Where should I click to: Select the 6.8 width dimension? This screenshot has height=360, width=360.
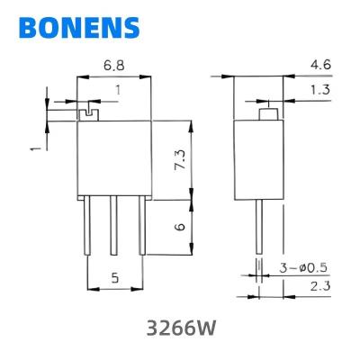(114, 67)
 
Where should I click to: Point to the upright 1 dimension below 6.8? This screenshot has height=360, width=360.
(117, 89)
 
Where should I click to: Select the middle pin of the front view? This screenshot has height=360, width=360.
(113, 229)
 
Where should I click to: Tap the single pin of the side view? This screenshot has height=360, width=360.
(259, 225)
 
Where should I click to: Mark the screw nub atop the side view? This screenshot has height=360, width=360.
(267, 114)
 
